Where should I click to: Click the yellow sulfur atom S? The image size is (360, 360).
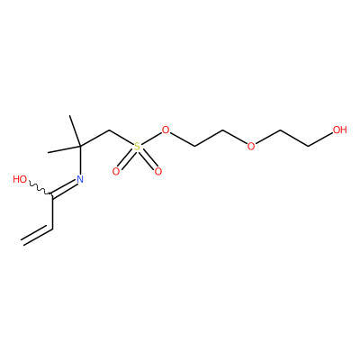click(137, 147)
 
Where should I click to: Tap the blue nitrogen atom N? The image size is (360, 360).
click(80, 179)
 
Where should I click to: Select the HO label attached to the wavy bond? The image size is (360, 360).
click(20, 179)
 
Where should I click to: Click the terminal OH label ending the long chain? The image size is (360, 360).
click(340, 130)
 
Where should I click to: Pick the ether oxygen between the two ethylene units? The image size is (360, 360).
click(251, 147)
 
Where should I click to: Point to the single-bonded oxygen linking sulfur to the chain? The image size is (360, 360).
click(166, 130)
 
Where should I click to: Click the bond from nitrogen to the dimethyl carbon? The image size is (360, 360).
click(80, 160)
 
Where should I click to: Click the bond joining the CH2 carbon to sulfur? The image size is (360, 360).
click(121, 138)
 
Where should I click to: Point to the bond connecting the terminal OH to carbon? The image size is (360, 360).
click(320, 139)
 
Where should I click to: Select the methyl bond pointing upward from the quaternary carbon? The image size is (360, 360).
click(75, 130)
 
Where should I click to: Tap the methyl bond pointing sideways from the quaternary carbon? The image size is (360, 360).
click(64, 149)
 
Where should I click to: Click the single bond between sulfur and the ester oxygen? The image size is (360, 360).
click(151, 139)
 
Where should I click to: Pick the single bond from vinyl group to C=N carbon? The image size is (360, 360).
click(53, 211)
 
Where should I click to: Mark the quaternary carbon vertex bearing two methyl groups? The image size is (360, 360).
click(80, 147)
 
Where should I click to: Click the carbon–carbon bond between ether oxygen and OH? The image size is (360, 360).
click(294, 139)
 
